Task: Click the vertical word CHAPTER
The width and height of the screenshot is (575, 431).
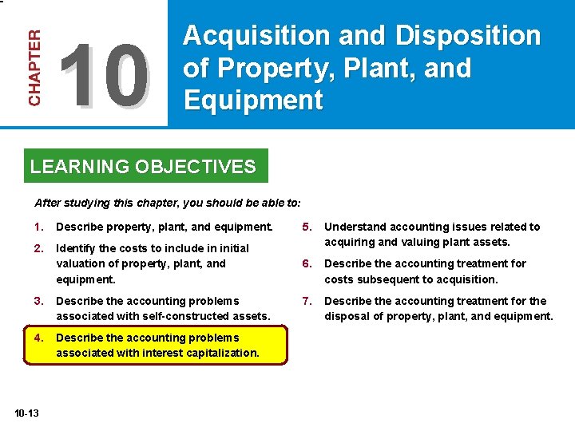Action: coord(34,68)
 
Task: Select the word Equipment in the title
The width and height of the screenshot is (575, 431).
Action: coord(253,101)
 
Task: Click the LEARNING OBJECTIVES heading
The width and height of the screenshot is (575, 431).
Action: coord(143,167)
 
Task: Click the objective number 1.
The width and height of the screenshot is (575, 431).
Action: coord(38,227)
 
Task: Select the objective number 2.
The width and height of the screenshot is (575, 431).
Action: coord(38,248)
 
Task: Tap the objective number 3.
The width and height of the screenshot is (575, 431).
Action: coord(38,301)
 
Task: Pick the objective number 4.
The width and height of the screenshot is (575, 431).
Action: coord(38,338)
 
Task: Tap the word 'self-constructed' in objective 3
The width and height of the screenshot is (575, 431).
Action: coord(168,316)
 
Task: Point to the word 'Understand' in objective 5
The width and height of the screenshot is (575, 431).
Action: coord(354,227)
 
